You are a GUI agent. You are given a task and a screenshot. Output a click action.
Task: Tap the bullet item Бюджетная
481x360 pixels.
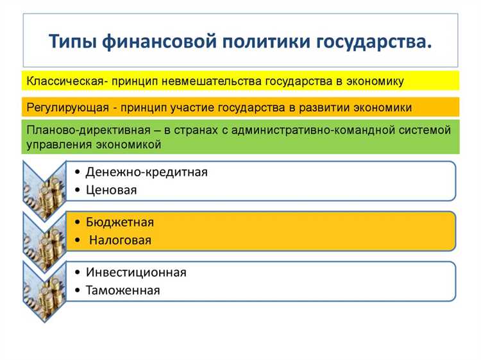click(x=119, y=222)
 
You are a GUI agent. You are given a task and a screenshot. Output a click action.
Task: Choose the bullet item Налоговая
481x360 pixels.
click(x=121, y=240)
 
